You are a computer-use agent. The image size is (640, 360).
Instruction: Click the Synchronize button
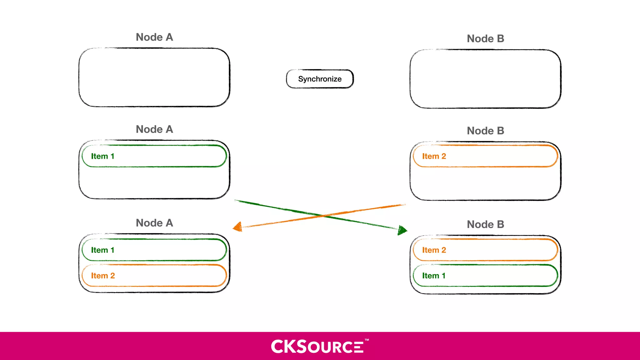[x=320, y=79]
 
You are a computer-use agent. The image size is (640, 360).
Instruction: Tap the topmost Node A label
[x=154, y=37]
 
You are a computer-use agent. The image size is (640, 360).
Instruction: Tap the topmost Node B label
[x=485, y=39]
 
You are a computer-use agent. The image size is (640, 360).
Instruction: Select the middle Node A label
[x=154, y=129]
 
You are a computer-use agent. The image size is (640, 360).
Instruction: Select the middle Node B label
[x=485, y=131]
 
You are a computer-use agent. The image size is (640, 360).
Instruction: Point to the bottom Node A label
[x=154, y=223]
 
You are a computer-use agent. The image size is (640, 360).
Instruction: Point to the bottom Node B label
[x=485, y=224]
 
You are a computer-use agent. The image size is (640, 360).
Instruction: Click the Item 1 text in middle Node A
[x=102, y=156]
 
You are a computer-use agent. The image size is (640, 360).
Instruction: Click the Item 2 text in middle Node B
[x=434, y=156]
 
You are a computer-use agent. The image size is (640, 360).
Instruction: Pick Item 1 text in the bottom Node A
[x=102, y=250]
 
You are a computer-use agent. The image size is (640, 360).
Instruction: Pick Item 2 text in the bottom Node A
[x=103, y=276]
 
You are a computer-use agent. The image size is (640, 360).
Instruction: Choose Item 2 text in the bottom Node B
[x=434, y=250]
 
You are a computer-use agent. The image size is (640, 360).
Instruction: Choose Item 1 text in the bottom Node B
[x=433, y=276]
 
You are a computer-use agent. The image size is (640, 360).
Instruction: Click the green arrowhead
[x=402, y=231]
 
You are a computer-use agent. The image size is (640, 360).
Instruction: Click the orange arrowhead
[x=238, y=227]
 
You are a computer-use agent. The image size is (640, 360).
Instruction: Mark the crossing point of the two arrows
[x=322, y=215]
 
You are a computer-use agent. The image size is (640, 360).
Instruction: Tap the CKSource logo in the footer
[x=317, y=347]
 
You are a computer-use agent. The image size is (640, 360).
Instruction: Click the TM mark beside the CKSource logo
[x=367, y=340]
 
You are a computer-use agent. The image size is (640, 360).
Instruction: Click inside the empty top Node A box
[x=154, y=77]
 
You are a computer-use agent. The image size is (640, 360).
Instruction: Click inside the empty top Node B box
[x=485, y=79]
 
